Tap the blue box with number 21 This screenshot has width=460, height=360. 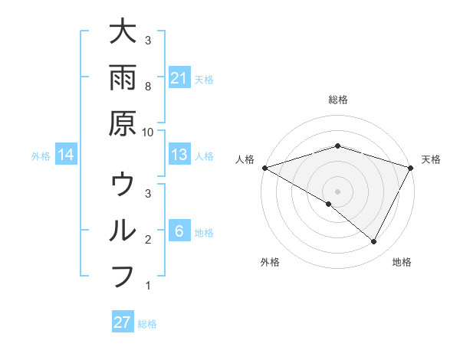[179, 78]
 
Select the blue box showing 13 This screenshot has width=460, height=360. [179, 155]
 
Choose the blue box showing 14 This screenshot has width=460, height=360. [66, 155]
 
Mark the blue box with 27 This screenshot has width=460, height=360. [123, 322]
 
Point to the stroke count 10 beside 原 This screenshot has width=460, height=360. [148, 131]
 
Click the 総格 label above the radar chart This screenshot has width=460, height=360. [338, 100]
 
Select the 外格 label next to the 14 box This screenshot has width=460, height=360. [41, 156]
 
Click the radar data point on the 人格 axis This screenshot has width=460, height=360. [264, 167]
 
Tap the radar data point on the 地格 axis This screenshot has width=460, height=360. [374, 241]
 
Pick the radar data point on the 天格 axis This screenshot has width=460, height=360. [411, 167]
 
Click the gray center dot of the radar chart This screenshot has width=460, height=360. [338, 191]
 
